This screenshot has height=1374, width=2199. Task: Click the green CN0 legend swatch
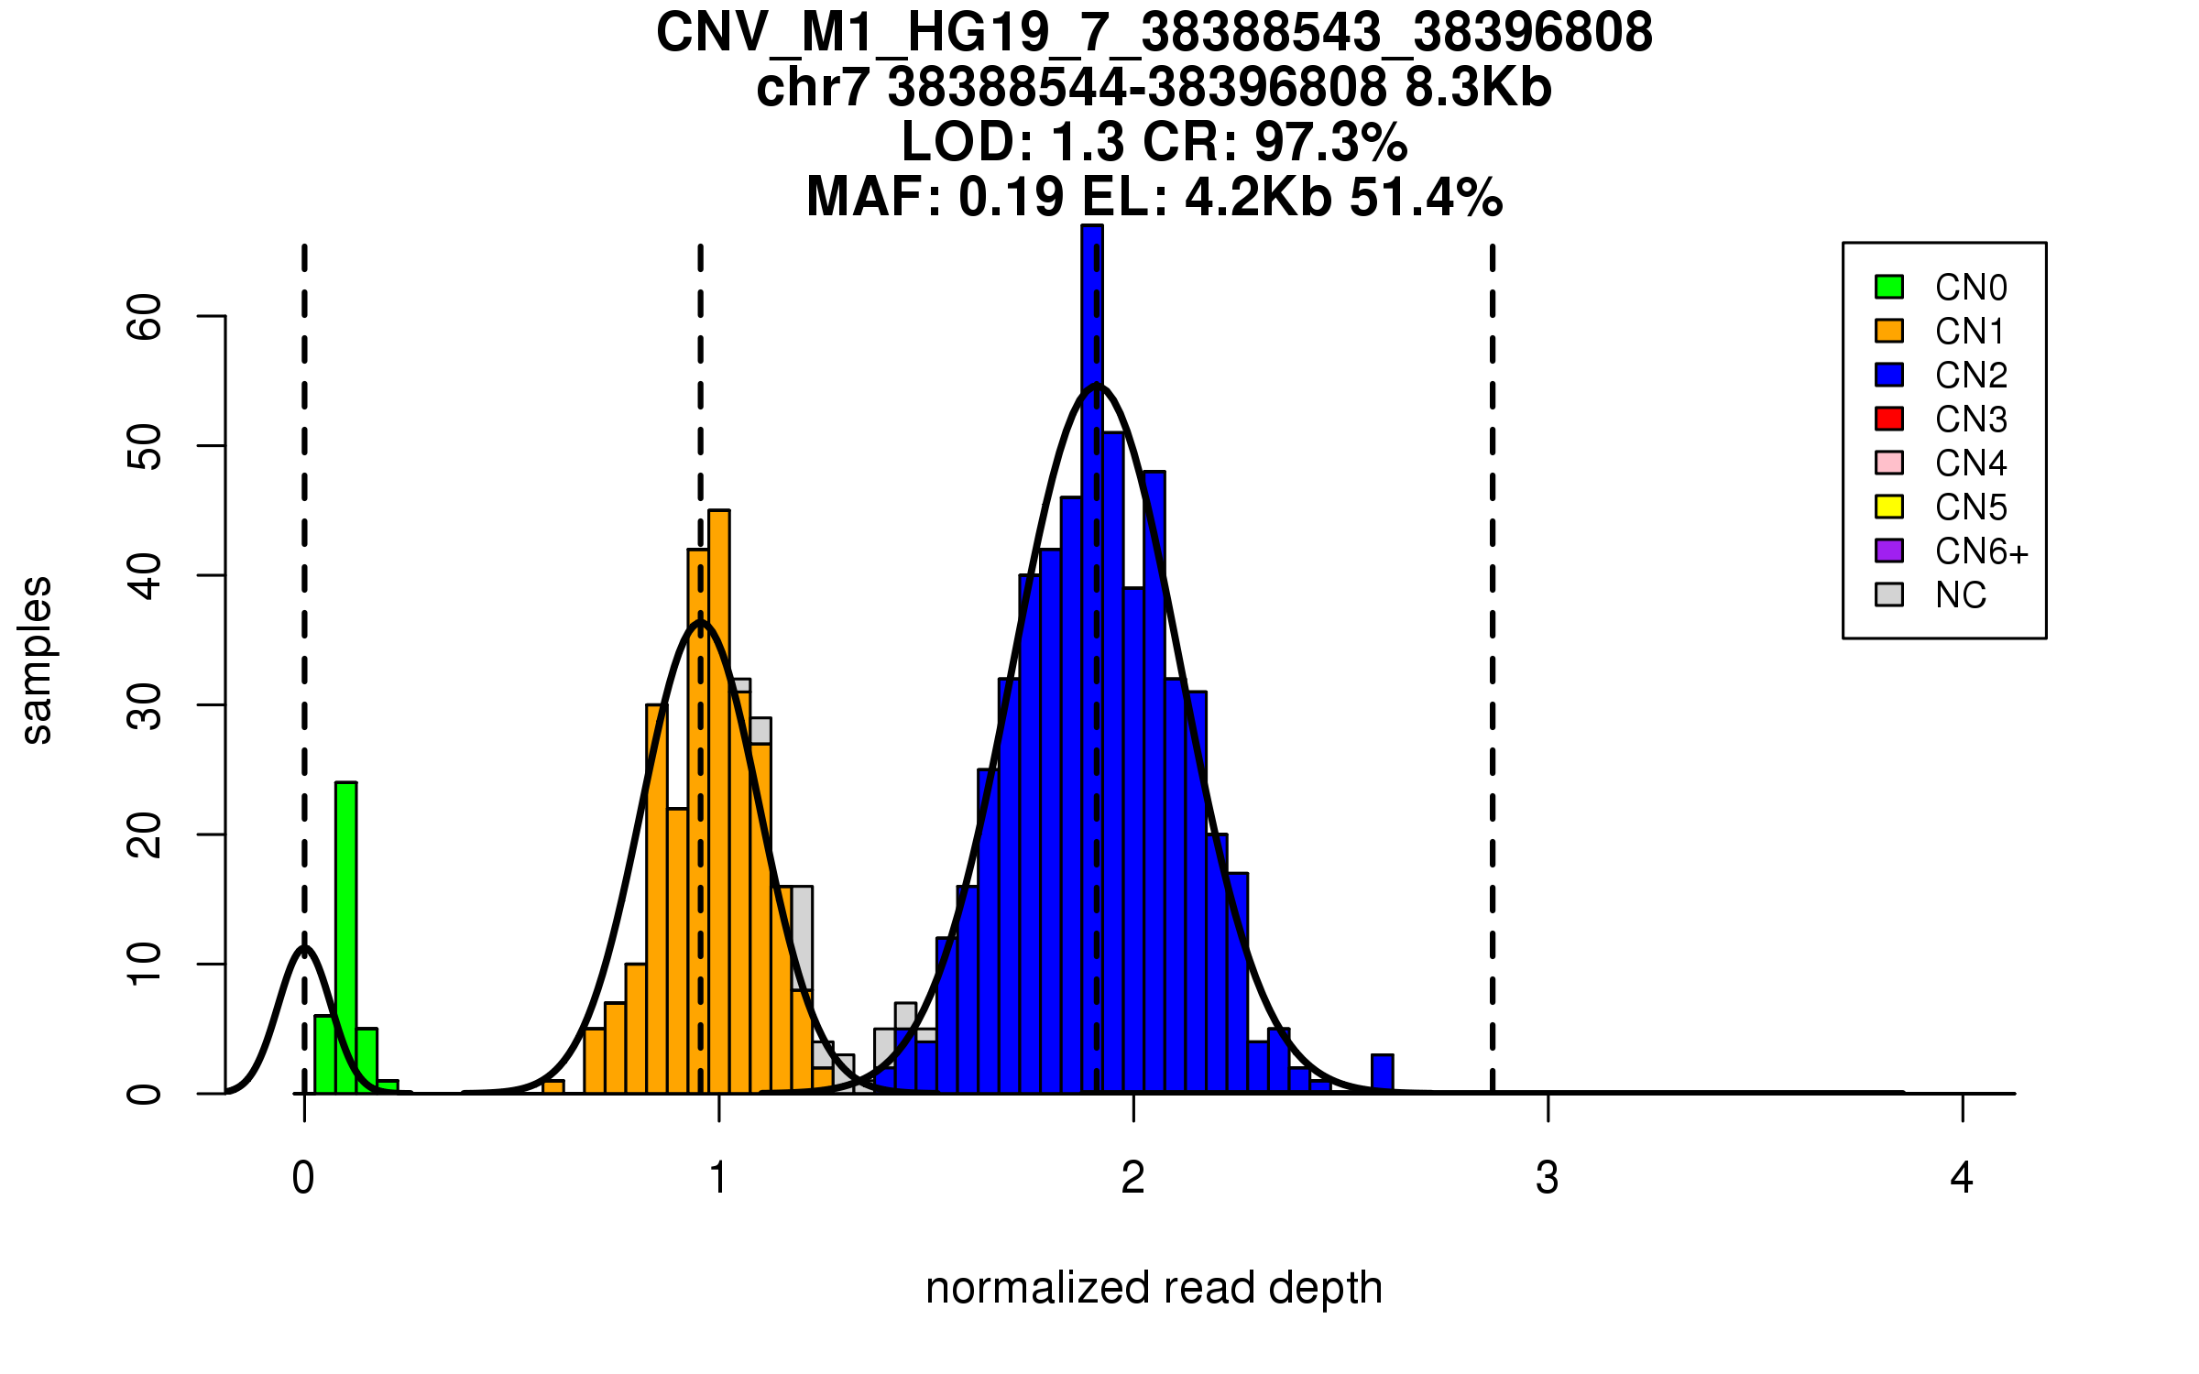(1889, 287)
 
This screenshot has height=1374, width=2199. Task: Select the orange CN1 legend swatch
(1889, 331)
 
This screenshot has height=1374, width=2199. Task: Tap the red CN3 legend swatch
(1889, 419)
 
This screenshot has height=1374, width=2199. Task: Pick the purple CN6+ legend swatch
(1889, 551)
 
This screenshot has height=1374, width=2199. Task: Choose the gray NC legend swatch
(1889, 594)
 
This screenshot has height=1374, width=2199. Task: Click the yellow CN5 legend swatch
(1889, 507)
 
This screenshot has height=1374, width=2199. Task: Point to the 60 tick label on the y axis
(144, 317)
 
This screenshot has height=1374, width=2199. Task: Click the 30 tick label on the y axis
(144, 705)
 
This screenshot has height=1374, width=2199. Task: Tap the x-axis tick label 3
(1548, 1178)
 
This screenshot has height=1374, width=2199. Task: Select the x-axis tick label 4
(1962, 1178)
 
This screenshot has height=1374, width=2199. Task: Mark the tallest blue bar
(1092, 660)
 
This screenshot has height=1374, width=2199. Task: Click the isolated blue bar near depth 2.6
(1383, 1074)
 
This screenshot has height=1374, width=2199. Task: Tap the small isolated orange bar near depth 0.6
(553, 1087)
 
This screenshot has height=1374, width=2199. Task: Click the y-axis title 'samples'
(37, 660)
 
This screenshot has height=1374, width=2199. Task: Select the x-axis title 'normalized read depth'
(1154, 1288)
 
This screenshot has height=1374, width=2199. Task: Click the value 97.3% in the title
(1330, 142)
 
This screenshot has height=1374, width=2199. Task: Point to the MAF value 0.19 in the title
(1012, 197)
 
